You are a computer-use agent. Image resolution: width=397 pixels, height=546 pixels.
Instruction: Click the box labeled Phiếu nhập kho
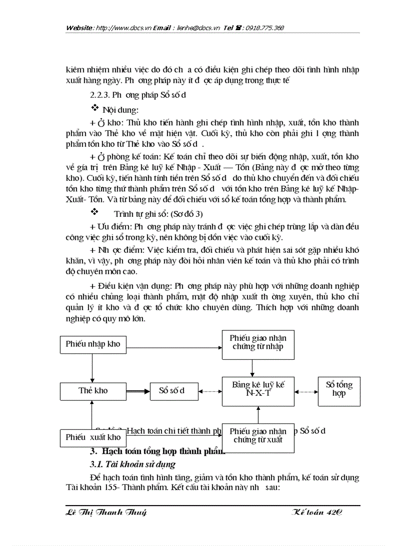point(92,344)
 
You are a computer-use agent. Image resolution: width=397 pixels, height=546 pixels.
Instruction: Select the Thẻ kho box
point(92,391)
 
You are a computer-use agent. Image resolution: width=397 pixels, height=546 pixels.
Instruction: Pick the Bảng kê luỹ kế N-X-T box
point(258,391)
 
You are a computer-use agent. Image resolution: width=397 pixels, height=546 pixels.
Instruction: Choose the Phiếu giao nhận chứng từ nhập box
point(258,344)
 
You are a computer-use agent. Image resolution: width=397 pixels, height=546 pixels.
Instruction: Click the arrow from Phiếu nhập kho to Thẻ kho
point(92,368)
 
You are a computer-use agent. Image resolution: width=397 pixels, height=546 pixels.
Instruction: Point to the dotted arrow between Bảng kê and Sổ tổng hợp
point(306,391)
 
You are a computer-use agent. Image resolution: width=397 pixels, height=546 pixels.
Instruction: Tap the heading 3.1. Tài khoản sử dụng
point(133,464)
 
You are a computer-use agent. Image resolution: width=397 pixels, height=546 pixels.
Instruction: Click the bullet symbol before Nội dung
point(95,107)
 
